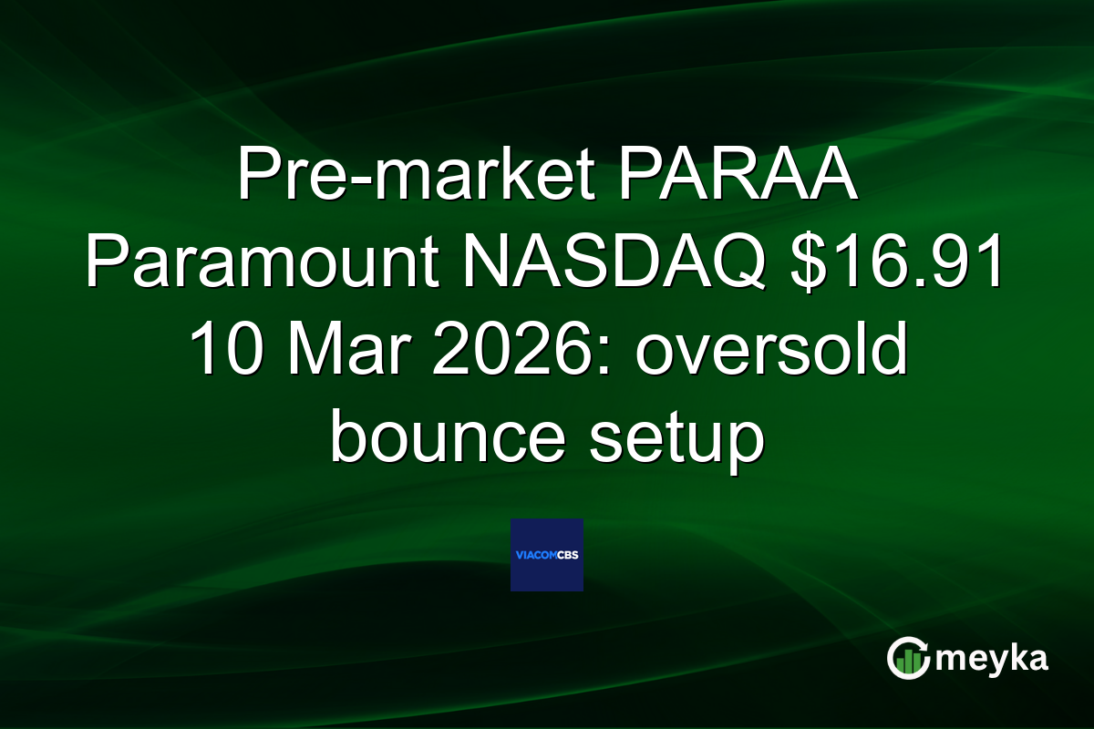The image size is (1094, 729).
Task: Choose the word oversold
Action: pyautogui.click(x=771, y=352)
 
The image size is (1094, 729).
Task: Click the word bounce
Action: pyautogui.click(x=456, y=441)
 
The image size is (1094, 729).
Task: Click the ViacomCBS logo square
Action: pyautogui.click(x=547, y=555)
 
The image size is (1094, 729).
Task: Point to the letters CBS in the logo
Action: pyautogui.click(x=571, y=555)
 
